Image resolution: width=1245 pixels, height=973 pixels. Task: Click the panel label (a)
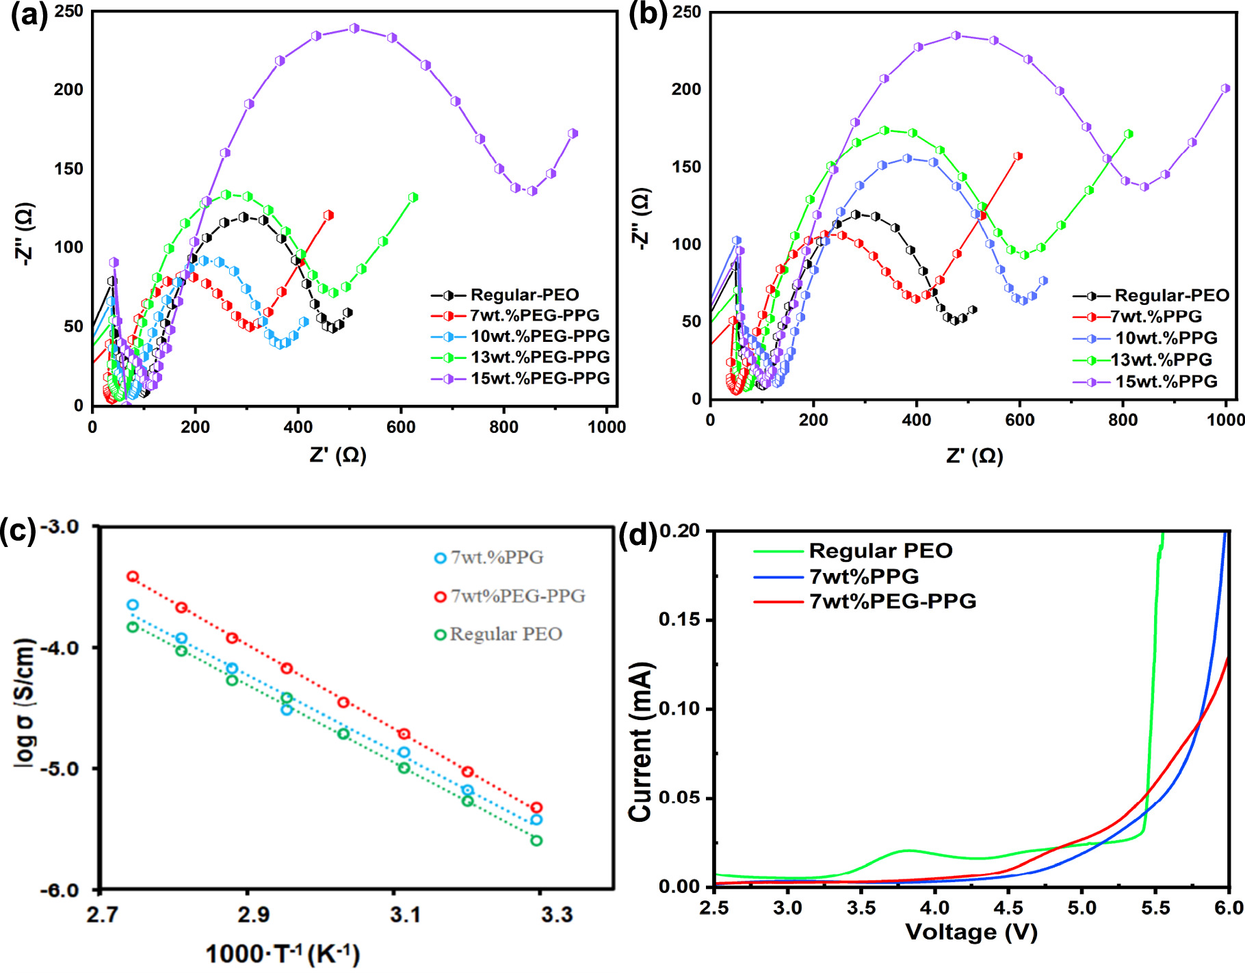click(29, 15)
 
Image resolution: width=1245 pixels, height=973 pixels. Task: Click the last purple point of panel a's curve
click(573, 133)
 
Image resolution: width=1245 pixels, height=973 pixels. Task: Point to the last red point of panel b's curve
click(1018, 156)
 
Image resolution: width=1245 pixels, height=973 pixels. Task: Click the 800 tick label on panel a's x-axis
click(503, 427)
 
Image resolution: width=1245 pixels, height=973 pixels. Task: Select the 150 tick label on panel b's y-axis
click(686, 167)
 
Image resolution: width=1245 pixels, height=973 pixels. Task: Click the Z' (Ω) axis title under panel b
click(975, 455)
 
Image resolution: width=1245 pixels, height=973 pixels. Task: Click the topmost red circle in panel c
click(133, 576)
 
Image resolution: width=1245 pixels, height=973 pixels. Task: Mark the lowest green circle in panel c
click(536, 840)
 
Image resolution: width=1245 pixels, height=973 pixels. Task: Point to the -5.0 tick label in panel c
click(60, 769)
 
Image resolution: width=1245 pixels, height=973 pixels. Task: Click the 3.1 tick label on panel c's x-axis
click(405, 915)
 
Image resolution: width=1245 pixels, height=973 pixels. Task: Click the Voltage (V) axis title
click(971, 932)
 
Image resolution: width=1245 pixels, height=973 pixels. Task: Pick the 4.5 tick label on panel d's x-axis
click(1008, 908)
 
